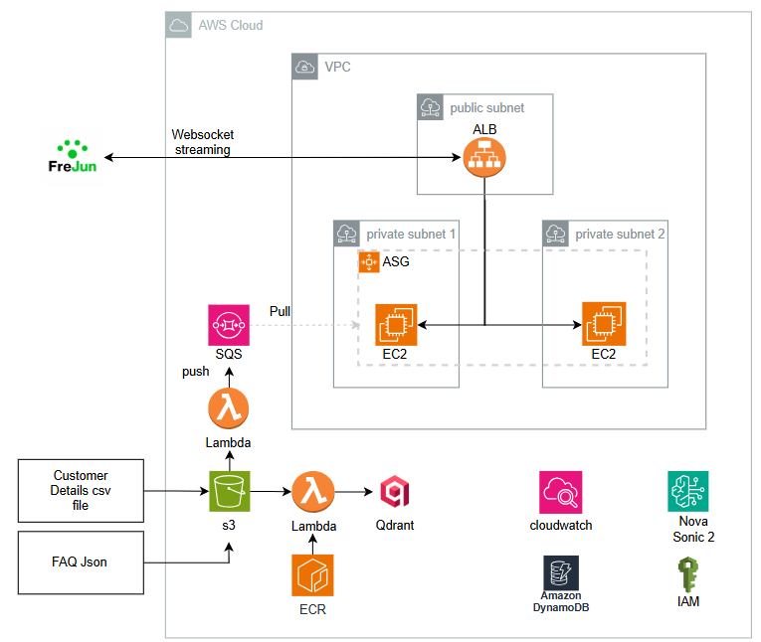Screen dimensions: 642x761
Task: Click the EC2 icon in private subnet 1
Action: [x=397, y=325]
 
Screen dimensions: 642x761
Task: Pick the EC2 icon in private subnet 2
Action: [x=604, y=324]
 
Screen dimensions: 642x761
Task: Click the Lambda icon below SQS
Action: [x=229, y=408]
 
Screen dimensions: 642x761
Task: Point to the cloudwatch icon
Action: [x=561, y=493]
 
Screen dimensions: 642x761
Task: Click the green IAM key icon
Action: [x=687, y=574]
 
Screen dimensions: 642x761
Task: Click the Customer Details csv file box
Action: [x=81, y=491]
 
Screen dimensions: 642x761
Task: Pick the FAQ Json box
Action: [x=81, y=562]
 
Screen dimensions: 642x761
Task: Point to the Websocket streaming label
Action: [x=202, y=141]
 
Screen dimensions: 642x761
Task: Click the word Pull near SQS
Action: [x=282, y=311]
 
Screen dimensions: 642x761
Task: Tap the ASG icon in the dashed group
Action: [x=370, y=262]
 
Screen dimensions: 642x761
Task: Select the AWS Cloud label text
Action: [x=232, y=25]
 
